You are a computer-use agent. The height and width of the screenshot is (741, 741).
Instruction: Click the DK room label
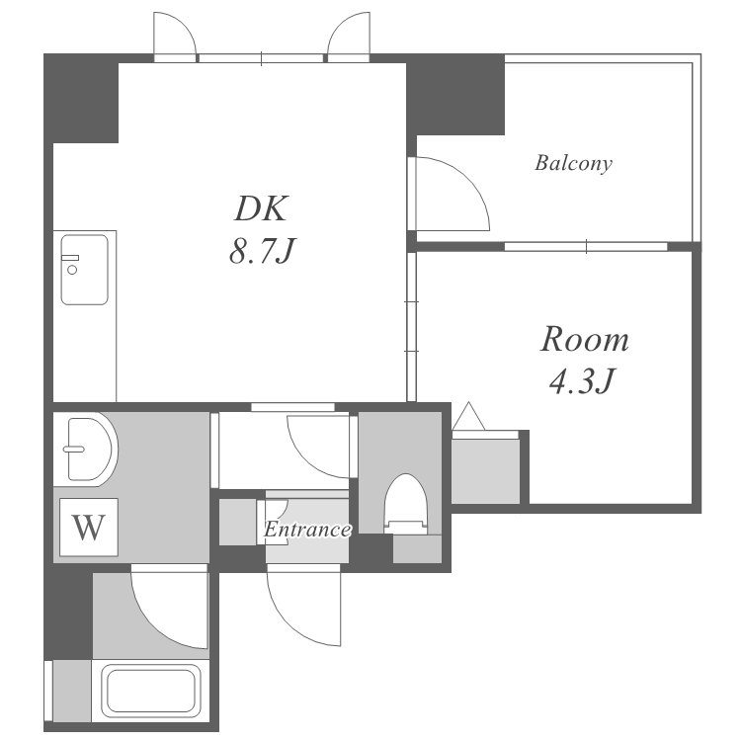pyautogui.click(x=261, y=208)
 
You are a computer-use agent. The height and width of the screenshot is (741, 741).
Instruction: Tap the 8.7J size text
pyautogui.click(x=262, y=251)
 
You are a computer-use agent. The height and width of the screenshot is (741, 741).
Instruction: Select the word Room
pyautogui.click(x=585, y=339)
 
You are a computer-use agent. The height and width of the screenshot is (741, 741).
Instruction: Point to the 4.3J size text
pyautogui.click(x=583, y=381)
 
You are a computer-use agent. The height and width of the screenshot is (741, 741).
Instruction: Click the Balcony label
pyautogui.click(x=573, y=163)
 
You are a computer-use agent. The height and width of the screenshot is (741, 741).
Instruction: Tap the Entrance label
pyautogui.click(x=307, y=530)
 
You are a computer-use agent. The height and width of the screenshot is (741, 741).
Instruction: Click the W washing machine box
pyautogui.click(x=88, y=527)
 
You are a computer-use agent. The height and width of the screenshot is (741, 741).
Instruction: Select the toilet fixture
pyautogui.click(x=405, y=504)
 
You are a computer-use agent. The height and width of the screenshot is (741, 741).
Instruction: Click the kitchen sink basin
pyautogui.click(x=84, y=270)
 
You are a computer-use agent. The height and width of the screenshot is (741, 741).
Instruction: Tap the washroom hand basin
pyautogui.click(x=89, y=449)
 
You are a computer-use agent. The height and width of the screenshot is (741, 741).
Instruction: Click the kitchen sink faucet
pyautogui.click(x=70, y=264)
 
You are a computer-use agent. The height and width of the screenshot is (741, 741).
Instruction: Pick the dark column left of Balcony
pyautogui.click(x=455, y=95)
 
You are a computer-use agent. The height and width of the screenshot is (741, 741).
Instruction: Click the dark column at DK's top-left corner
pyautogui.click(x=81, y=98)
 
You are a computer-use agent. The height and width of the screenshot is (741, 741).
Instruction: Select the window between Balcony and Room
pyautogui.click(x=586, y=246)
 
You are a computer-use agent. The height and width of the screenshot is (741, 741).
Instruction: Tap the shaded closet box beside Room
pyautogui.click(x=485, y=471)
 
